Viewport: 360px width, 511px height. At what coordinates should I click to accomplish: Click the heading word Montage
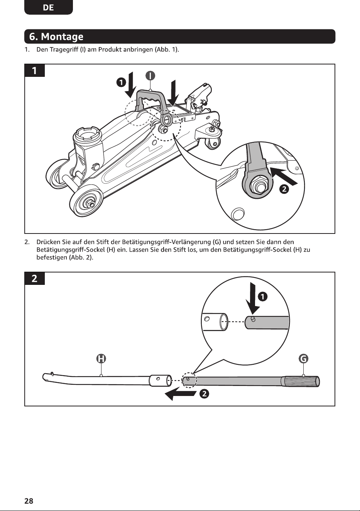62,37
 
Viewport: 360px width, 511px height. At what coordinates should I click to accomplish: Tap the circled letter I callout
150,76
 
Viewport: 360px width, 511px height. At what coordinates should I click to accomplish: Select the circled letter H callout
101,359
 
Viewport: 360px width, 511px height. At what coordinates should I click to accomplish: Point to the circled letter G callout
303,359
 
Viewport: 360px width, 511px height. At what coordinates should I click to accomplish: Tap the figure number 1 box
34,71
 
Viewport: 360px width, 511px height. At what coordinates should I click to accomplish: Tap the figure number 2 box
34,278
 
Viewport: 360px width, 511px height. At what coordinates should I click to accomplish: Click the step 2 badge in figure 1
284,189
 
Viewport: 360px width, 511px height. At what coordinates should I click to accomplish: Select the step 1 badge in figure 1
121,82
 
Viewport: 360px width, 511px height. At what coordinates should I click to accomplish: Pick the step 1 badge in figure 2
263,297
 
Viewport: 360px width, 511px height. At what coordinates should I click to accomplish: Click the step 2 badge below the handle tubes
204,394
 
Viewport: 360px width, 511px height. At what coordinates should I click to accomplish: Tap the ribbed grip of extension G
300,382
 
